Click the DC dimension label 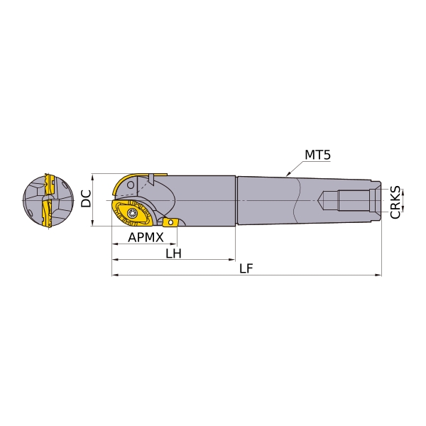coord(86,199)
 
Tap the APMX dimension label coord(146,237)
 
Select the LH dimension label coord(174,253)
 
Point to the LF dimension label coord(246,268)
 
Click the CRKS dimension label coord(395,202)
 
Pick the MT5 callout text coord(317,155)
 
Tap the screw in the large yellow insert coord(133,213)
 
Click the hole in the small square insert coord(170,222)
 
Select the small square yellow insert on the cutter coord(170,222)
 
